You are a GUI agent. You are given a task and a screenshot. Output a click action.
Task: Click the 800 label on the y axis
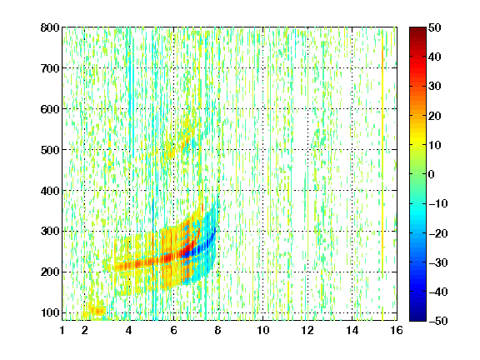(x=50, y=27)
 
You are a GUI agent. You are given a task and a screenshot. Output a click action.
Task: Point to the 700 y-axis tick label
(x=50, y=68)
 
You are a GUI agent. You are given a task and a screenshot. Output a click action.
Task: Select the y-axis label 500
(x=50, y=150)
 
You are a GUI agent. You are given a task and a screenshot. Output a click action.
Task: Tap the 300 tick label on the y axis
(x=50, y=232)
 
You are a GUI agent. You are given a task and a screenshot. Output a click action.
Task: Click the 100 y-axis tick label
(x=50, y=312)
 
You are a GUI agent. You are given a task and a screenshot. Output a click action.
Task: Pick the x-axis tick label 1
(x=62, y=330)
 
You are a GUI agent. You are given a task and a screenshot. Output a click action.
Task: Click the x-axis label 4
(x=129, y=330)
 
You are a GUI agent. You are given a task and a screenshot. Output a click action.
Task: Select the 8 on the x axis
(x=218, y=330)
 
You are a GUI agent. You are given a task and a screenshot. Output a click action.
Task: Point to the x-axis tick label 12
(x=307, y=330)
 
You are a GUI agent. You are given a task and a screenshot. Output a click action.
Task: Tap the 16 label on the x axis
(x=397, y=330)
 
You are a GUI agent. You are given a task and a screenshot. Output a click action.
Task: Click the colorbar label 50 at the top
(x=435, y=27)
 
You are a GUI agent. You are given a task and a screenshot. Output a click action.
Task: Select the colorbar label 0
(x=432, y=174)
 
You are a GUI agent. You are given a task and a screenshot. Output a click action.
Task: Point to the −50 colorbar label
(x=438, y=321)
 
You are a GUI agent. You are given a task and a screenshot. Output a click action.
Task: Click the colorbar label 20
(x=435, y=116)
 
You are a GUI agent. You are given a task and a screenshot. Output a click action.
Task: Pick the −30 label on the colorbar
(x=438, y=262)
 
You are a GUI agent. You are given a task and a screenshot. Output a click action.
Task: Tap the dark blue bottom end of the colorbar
(x=417, y=318)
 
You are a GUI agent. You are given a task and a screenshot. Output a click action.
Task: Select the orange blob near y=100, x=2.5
(x=97, y=312)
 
